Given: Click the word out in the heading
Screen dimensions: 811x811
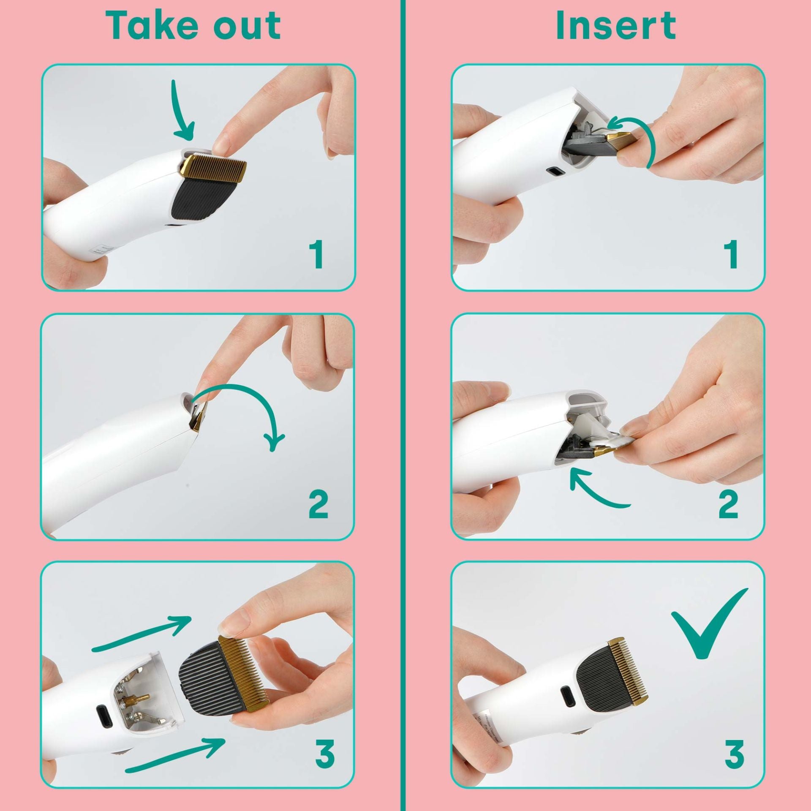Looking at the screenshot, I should point(247,26).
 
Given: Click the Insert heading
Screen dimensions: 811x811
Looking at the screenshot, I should point(616,26).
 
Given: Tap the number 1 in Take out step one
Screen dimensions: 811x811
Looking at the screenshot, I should point(316,254).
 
